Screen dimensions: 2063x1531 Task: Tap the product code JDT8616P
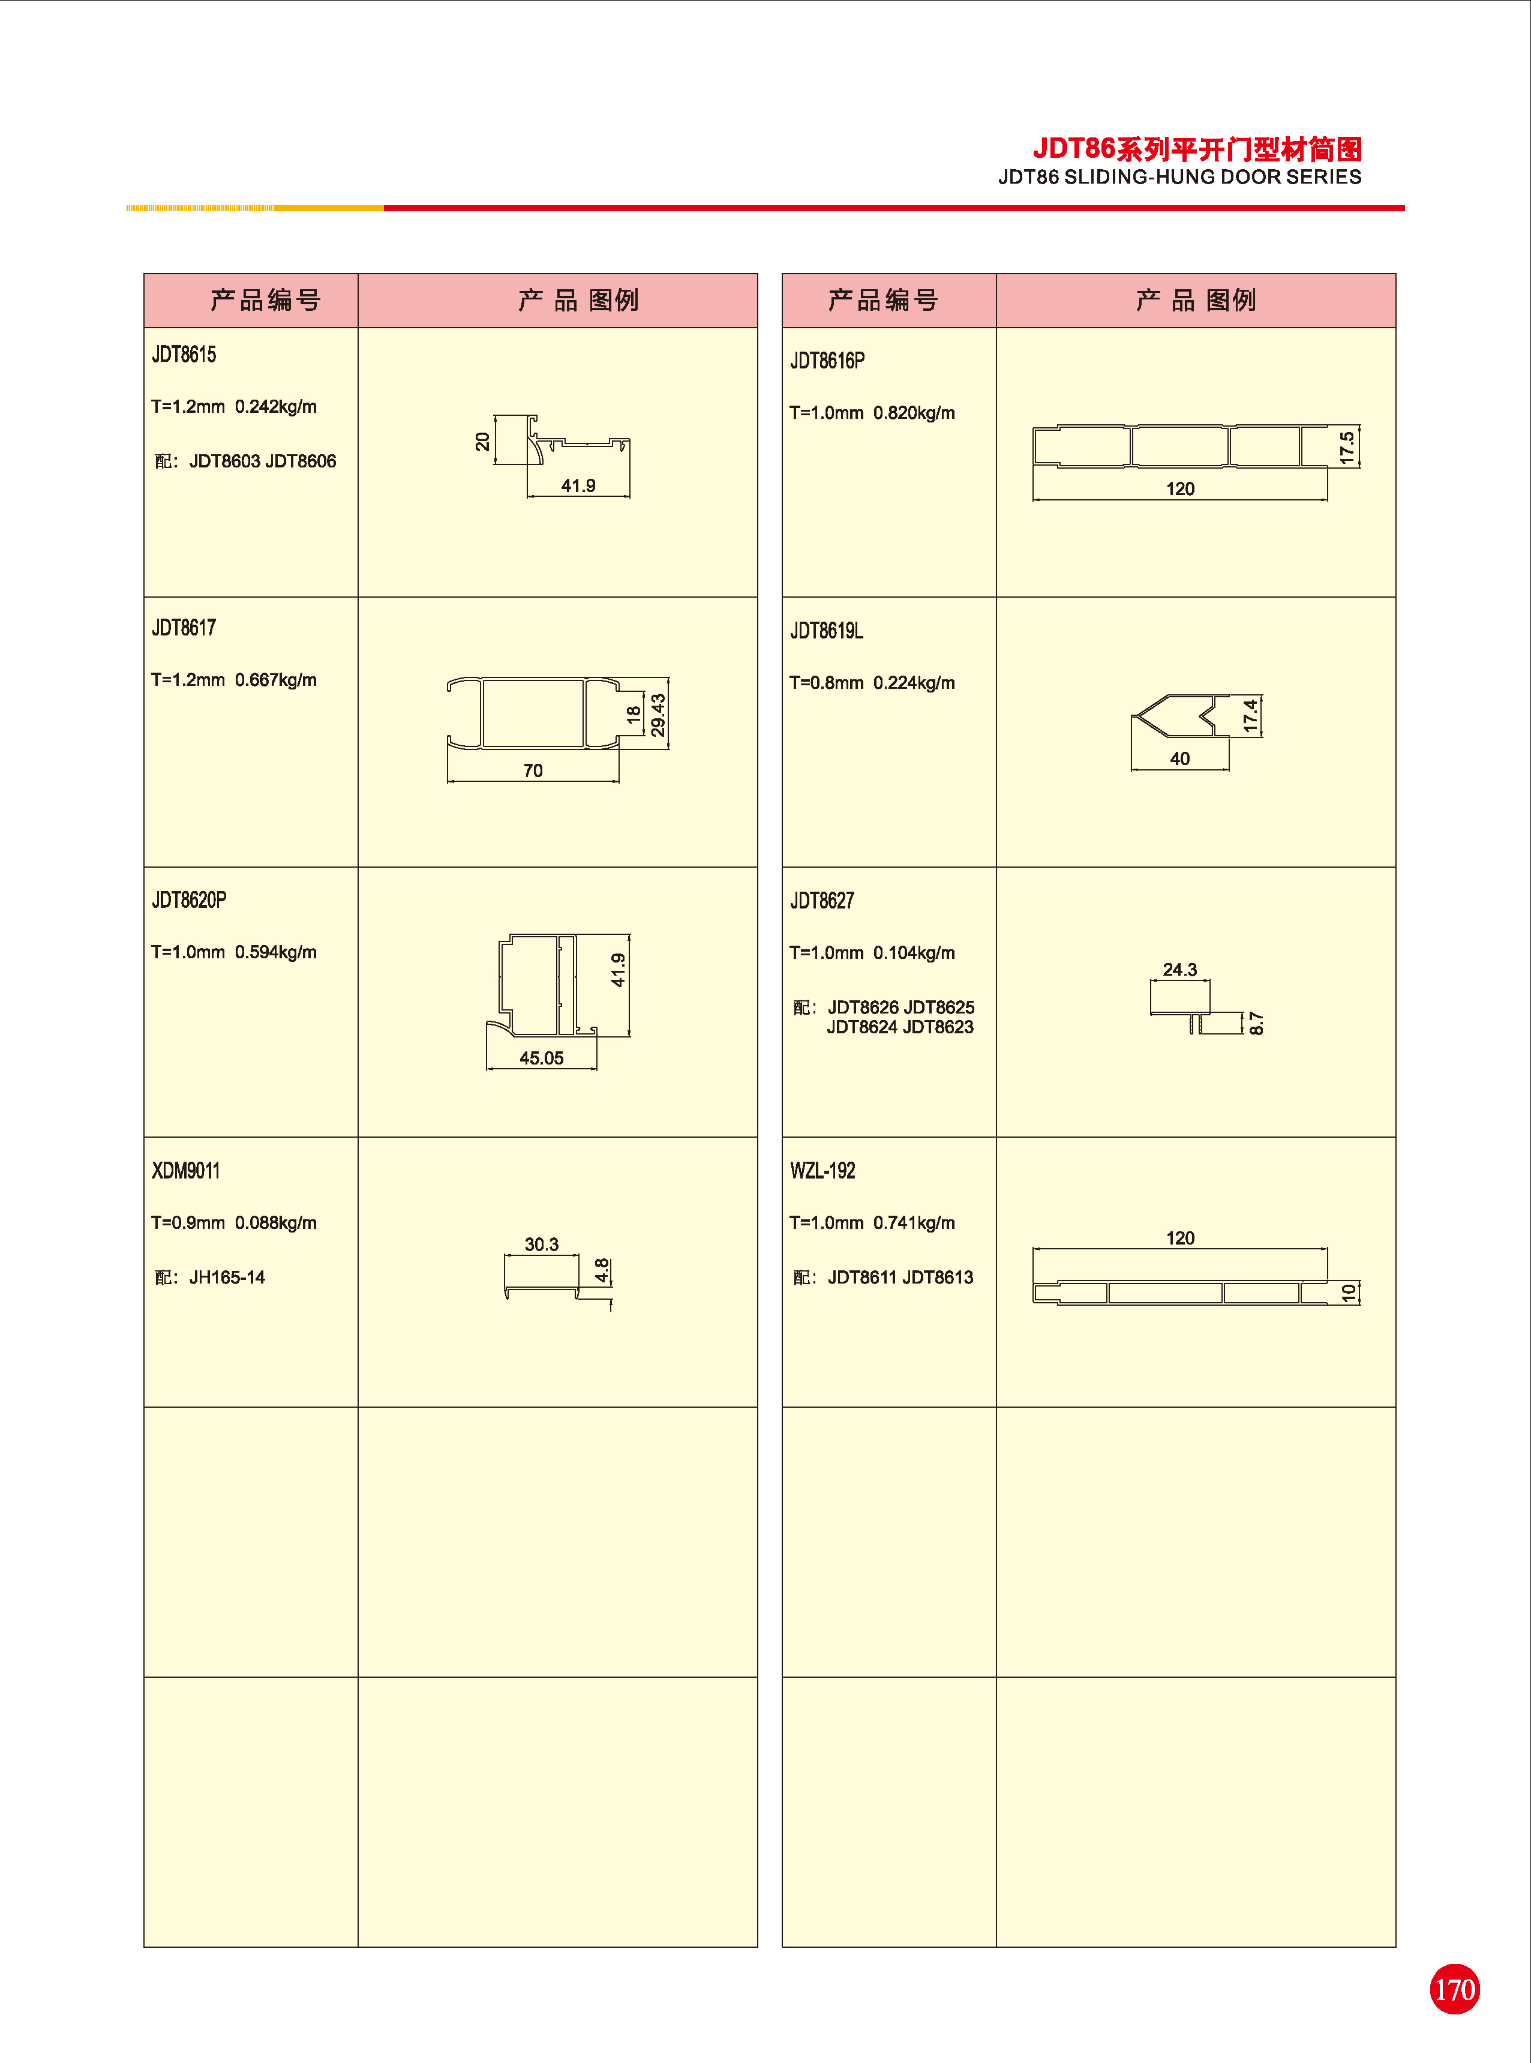pyautogui.click(x=827, y=361)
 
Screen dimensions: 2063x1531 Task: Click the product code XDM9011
pyautogui.click(x=185, y=1171)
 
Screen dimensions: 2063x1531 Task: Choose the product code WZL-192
pyautogui.click(x=822, y=1171)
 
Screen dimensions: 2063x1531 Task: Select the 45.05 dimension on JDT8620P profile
pyautogui.click(x=541, y=1057)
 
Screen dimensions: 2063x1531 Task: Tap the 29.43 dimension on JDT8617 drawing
pyautogui.click(x=658, y=715)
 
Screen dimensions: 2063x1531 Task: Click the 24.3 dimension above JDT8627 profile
pyautogui.click(x=1180, y=970)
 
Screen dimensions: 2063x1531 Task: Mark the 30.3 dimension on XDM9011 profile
pyautogui.click(x=541, y=1244)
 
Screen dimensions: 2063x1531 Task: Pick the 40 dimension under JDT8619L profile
pyautogui.click(x=1180, y=758)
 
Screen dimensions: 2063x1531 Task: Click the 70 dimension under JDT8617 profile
pyautogui.click(x=533, y=770)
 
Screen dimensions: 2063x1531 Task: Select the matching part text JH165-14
pyautogui.click(x=227, y=1277)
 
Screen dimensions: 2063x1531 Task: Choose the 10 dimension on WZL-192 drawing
pyautogui.click(x=1349, y=1292)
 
